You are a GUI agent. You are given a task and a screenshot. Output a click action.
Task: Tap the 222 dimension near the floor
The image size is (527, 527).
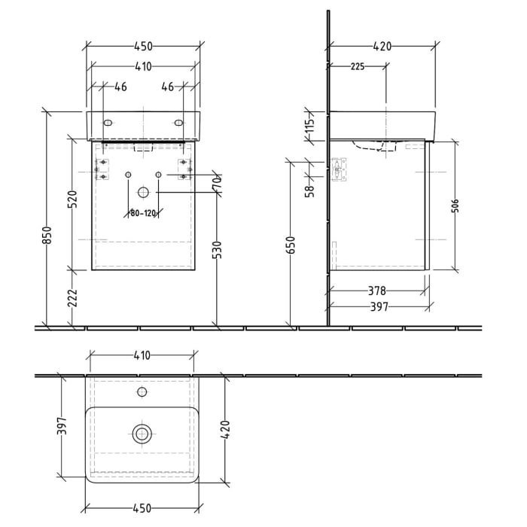pos(73,300)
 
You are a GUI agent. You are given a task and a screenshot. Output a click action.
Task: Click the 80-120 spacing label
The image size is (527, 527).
pos(142,214)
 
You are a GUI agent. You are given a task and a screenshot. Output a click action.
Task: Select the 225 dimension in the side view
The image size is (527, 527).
pos(357,67)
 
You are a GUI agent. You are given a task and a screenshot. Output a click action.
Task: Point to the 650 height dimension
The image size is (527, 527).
pos(291,245)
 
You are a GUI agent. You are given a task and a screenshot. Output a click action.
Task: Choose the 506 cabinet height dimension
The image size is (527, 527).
pos(455,206)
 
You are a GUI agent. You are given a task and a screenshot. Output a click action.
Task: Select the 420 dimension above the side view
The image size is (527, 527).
pos(382,47)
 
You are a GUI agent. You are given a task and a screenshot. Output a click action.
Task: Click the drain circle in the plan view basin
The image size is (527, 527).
pos(142,434)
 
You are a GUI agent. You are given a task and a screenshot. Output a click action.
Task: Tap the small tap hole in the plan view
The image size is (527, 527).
pos(142,392)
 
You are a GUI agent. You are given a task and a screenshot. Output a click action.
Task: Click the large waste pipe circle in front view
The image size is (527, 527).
pos(142,192)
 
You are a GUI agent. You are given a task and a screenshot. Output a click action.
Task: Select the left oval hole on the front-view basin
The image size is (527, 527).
pos(108,122)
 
